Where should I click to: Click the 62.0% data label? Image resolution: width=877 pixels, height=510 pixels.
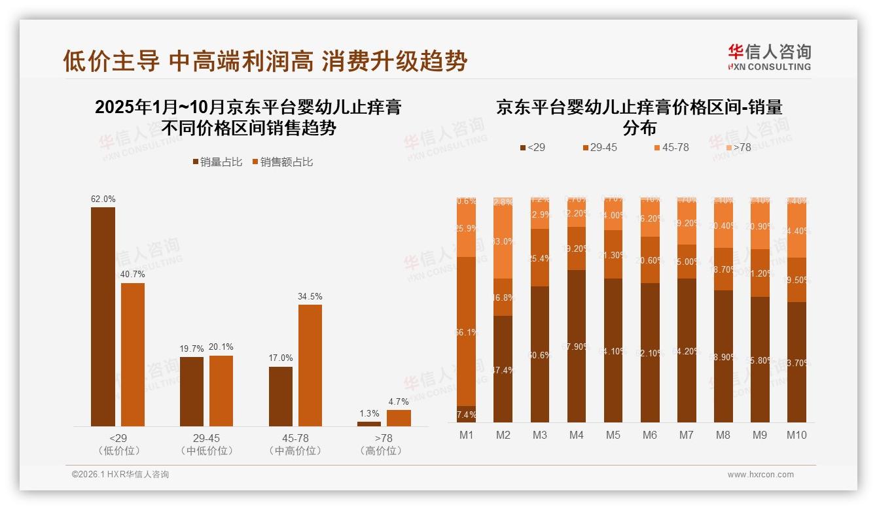click(x=103, y=199)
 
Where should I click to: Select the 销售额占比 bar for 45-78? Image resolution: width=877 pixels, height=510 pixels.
click(x=310, y=365)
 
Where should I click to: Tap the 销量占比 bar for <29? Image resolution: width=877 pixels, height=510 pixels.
click(x=103, y=316)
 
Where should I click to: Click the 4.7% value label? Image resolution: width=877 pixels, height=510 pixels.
click(x=399, y=401)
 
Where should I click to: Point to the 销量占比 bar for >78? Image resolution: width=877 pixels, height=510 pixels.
click(x=369, y=424)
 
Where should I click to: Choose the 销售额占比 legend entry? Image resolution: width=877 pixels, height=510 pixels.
click(x=282, y=162)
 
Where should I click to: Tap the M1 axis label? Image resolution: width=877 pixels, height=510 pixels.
click(x=467, y=435)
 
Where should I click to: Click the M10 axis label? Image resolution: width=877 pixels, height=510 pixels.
click(x=796, y=435)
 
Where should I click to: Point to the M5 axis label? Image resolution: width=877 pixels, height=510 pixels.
click(x=613, y=435)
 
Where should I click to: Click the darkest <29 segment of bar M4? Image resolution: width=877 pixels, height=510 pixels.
click(x=577, y=345)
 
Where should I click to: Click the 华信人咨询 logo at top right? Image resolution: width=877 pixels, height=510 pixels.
click(x=769, y=57)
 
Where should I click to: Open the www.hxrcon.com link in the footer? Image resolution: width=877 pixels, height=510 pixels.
click(x=761, y=475)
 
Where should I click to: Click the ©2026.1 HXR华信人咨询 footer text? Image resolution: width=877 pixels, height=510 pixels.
click(x=120, y=475)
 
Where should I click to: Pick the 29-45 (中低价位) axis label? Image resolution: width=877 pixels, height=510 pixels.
click(x=206, y=444)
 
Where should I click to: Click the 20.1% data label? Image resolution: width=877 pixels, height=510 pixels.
click(x=221, y=347)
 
